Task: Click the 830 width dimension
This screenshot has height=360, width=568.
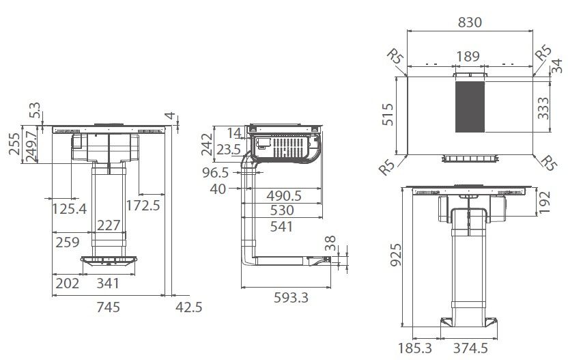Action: coord(469,22)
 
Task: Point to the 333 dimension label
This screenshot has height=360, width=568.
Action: coord(543,107)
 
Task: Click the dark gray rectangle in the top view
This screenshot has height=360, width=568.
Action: coord(469,107)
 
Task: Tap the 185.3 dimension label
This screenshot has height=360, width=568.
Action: coord(414,348)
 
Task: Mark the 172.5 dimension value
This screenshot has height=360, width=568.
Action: coord(143,206)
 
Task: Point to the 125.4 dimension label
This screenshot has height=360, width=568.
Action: coord(70,208)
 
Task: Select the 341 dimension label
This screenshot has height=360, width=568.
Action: coord(107,282)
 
